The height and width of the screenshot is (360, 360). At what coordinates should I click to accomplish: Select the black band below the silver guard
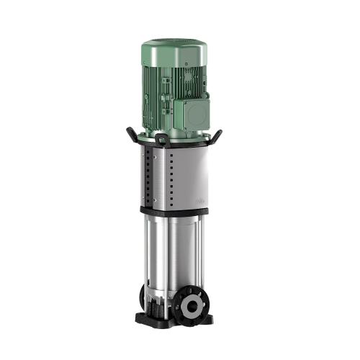coord(173,210)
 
